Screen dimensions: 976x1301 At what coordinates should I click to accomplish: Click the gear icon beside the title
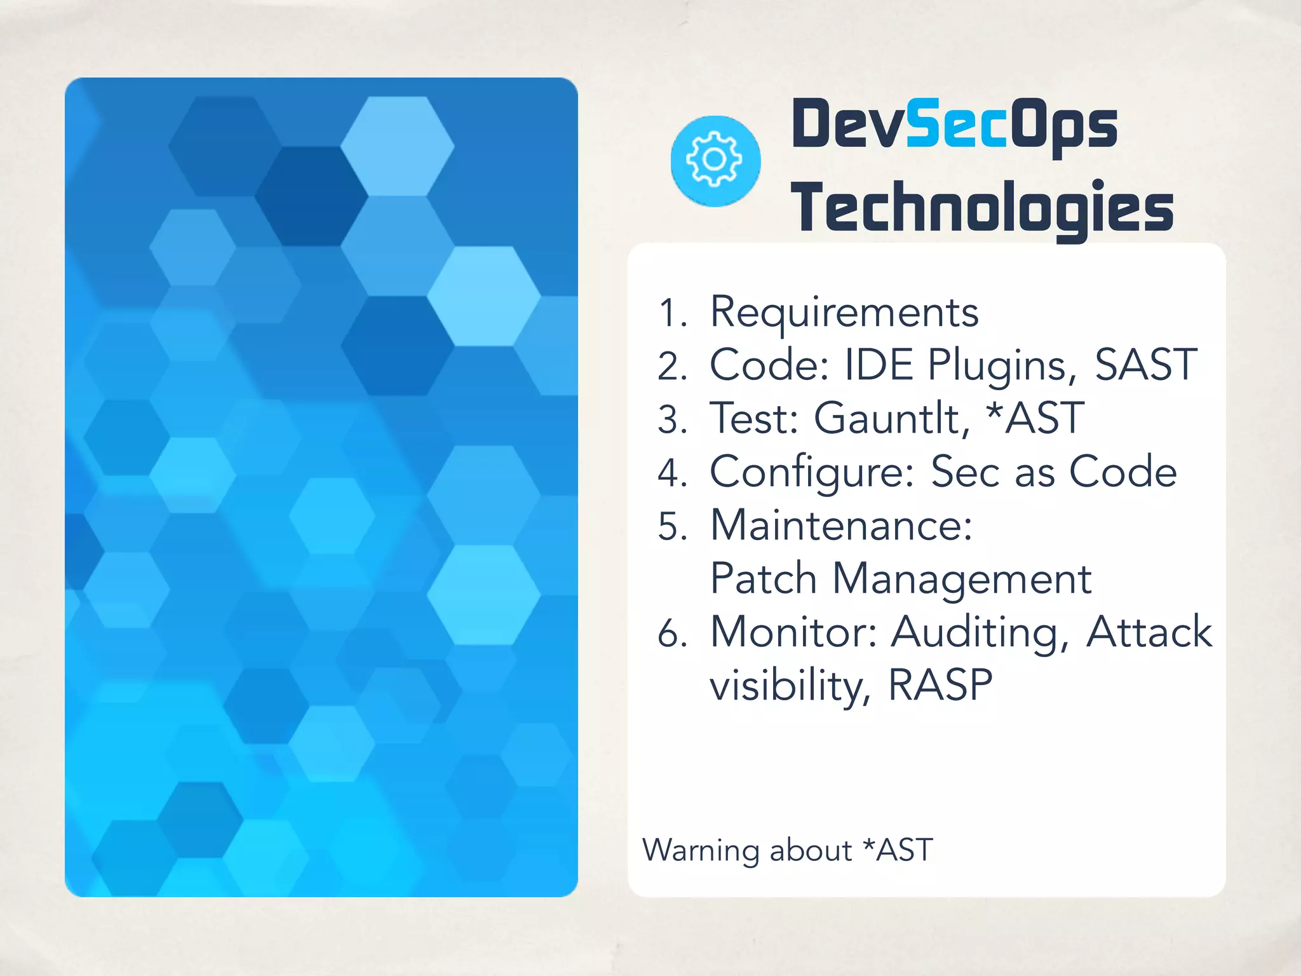(715, 161)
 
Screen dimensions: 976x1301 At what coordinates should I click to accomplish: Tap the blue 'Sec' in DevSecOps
(956, 125)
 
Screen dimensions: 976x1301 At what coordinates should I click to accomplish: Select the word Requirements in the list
(844, 313)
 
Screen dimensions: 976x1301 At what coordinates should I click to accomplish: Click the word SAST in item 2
(1145, 365)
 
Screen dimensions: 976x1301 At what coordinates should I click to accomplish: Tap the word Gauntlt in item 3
(891, 419)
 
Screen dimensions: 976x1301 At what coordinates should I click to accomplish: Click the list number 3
(672, 420)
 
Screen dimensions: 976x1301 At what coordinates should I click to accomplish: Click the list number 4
(672, 473)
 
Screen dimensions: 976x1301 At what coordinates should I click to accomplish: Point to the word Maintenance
(841, 525)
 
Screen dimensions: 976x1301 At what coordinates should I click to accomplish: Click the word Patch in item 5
(763, 579)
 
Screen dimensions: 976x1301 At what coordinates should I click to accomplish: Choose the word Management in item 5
(962, 579)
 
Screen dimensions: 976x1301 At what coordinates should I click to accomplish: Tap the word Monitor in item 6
(793, 632)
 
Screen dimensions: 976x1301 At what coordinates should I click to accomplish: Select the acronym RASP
(940, 686)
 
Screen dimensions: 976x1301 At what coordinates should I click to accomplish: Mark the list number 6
(672, 634)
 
